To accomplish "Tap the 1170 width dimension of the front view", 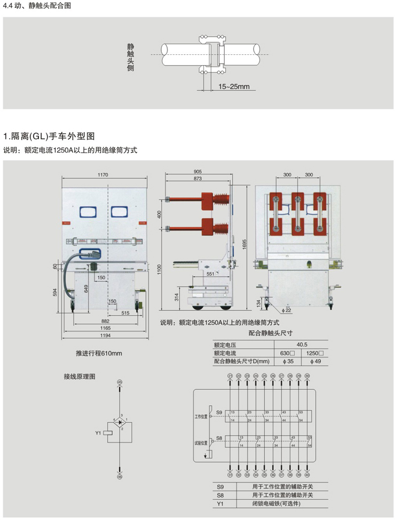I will point(103,174).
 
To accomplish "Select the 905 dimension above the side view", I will point(197,172).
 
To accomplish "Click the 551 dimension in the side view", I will point(210,274).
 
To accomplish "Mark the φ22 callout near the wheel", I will point(287,310).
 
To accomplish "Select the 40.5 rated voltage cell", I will point(302,345).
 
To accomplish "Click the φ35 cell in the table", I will point(288,362).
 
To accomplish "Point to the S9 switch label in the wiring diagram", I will point(218,412).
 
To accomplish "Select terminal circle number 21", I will point(230,376).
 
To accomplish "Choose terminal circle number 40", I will point(307,475).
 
